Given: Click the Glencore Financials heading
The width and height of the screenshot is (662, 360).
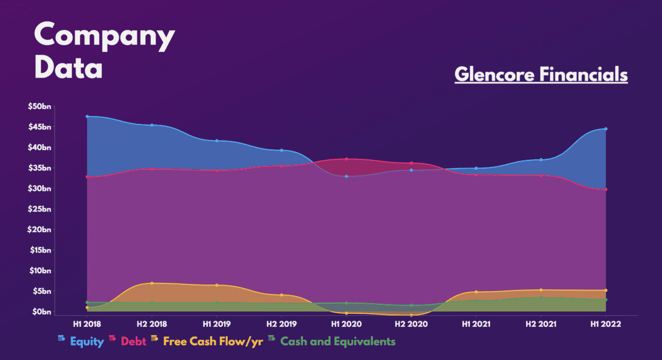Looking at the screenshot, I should click(541, 74).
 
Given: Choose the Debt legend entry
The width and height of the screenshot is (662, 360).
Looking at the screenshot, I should click(133, 341).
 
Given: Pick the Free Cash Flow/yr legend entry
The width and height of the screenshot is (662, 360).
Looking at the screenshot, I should click(212, 341).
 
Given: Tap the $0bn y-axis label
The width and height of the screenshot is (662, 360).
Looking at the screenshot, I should click(41, 312).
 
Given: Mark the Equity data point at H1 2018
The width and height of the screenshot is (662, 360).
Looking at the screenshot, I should click(87, 116).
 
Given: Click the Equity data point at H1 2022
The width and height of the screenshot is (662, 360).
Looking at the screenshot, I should click(606, 129).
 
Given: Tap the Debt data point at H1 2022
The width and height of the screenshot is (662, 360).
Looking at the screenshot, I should click(606, 190).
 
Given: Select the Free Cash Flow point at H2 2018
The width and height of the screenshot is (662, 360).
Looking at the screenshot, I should click(152, 283).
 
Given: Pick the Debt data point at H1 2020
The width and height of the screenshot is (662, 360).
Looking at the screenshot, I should click(346, 159).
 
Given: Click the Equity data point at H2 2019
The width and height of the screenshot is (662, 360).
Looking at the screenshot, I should click(281, 150).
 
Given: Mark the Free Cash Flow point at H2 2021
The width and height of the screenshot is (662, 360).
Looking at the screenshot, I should click(541, 290).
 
